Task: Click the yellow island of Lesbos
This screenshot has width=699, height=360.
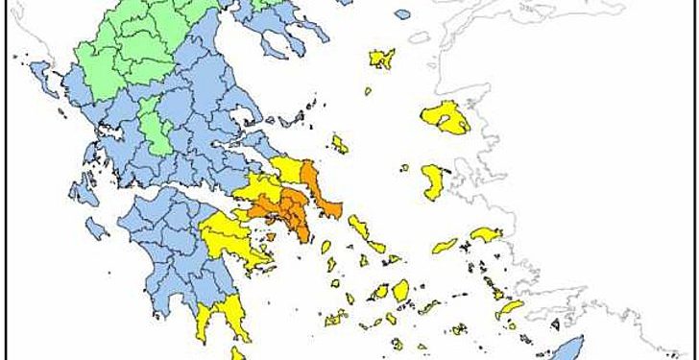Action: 445,117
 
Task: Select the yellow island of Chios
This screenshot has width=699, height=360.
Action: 434,180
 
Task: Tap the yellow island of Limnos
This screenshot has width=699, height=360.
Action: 382,60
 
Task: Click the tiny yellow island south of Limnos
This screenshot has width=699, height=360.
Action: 367,92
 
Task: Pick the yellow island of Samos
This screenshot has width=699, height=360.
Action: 485,234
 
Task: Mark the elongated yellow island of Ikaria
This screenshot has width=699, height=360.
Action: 444,246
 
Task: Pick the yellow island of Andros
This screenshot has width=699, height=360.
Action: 361,229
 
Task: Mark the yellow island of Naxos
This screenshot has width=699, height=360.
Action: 399,290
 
